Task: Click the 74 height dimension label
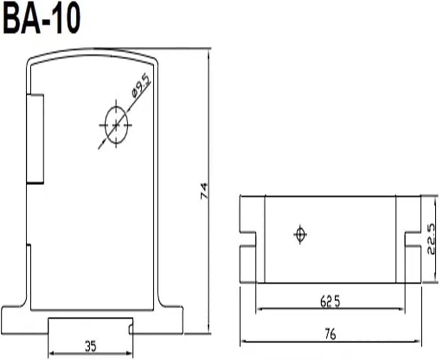[x=204, y=191]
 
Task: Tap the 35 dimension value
[x=91, y=346]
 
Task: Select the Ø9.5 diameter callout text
[x=141, y=85]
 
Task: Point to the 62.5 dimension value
[x=330, y=302]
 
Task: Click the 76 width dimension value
[x=330, y=334]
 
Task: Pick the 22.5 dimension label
[x=432, y=239]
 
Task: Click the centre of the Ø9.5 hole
[x=116, y=125]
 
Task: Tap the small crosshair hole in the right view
[x=300, y=234]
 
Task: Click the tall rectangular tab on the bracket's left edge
[x=35, y=139]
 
